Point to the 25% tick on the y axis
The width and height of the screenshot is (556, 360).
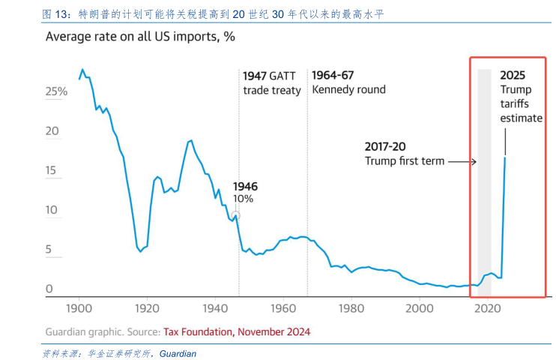[x=57, y=91]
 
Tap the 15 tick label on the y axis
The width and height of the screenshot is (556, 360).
[x=52, y=171]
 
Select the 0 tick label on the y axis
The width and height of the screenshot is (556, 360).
[x=49, y=289]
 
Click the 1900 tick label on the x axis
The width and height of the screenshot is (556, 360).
[x=79, y=307]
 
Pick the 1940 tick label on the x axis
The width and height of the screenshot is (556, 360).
[x=215, y=307]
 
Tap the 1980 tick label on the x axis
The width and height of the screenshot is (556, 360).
[x=351, y=307]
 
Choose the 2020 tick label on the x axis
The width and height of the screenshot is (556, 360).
[x=488, y=307]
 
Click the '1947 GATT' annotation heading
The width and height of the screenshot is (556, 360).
[x=271, y=76]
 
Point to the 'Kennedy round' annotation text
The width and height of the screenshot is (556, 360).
[x=348, y=90]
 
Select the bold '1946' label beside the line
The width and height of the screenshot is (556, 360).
[x=245, y=186]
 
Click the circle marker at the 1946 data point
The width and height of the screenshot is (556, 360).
[x=236, y=215]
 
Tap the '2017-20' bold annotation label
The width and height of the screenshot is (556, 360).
[x=385, y=147]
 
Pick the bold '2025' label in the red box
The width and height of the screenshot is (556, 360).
[x=513, y=75]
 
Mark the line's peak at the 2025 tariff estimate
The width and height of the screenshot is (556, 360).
[x=504, y=157]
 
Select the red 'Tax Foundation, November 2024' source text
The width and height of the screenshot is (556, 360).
[x=236, y=331]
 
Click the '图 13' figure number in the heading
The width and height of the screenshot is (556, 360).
[x=55, y=14]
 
